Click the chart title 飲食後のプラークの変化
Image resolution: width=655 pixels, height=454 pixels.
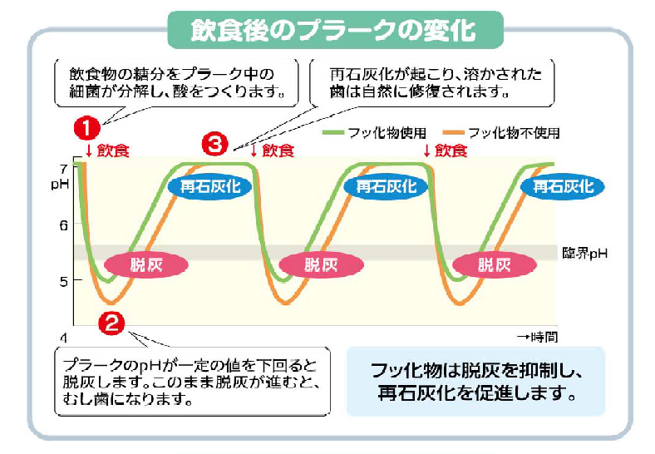(333, 30)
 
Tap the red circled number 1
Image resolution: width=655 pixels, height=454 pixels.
(87, 128)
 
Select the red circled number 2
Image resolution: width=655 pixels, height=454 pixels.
(111, 323)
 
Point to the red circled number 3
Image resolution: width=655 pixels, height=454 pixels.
(215, 144)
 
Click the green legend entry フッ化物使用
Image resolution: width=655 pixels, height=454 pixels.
(374, 133)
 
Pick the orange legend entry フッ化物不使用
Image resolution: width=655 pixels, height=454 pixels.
(501, 133)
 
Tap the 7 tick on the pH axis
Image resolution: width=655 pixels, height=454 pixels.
(63, 170)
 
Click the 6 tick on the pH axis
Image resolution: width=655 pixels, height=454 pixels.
(63, 225)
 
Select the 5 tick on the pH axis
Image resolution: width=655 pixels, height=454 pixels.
(63, 281)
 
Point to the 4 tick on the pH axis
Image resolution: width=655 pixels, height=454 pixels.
(63, 338)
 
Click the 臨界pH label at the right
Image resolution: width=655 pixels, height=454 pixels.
(584, 254)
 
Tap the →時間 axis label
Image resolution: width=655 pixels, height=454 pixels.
(538, 337)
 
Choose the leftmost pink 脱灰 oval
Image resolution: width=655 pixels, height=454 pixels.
(146, 264)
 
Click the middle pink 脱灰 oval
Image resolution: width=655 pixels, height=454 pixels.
(321, 264)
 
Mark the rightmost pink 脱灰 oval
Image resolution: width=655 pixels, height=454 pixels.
(495, 264)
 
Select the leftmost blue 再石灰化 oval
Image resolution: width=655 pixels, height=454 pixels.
(210, 186)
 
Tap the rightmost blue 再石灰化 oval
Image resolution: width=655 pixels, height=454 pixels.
(563, 186)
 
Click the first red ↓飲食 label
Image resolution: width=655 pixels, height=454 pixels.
(107, 151)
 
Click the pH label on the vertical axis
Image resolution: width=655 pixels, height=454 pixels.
(60, 184)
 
